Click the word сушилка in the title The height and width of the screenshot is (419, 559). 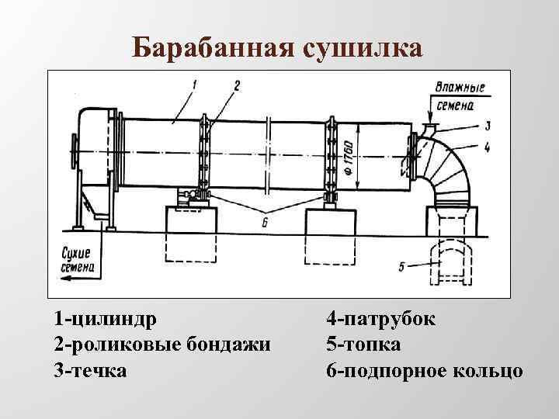point(358,47)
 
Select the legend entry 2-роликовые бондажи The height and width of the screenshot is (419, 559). point(162,345)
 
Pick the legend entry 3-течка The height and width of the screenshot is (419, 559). point(90,369)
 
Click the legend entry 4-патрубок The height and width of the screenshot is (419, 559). point(381,320)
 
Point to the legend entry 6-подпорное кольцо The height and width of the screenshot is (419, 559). point(425,369)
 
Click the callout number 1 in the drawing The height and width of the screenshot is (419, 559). point(194,81)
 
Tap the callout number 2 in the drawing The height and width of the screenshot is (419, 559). point(236,82)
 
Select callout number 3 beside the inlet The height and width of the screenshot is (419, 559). point(487,125)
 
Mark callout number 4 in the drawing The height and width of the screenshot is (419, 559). point(487,145)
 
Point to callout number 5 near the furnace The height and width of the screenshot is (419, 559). point(401,267)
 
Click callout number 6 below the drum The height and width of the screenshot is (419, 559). point(266,222)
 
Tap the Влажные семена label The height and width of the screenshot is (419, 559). point(460,94)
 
